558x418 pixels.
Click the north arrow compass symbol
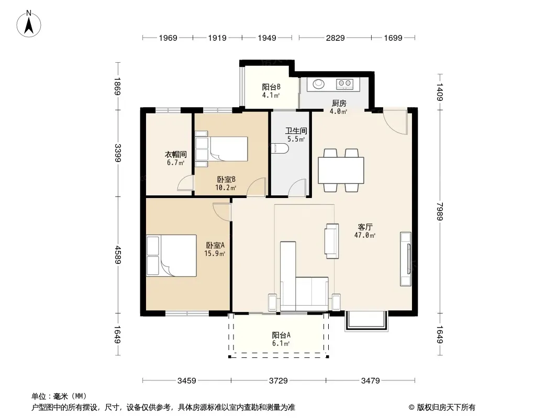pos(29,24)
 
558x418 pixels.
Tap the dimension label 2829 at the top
pos(335,38)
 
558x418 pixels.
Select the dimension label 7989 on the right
pos(440,211)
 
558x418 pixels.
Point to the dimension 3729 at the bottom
pos(278,381)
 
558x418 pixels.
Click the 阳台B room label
pos(271,87)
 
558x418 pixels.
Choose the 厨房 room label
pos(339,103)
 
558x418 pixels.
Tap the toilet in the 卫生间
pos(280,148)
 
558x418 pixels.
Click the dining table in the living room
pos(341,170)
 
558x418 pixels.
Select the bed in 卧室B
pos(221,149)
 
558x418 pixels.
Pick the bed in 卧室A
pos(172,256)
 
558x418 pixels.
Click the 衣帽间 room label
pos(176,155)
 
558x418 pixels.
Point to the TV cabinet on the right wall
pos(406,259)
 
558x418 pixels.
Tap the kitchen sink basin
pos(318,84)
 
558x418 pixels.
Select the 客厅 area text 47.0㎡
pos(365,235)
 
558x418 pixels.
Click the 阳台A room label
pos(281,335)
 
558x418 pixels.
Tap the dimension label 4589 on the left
pos(118,255)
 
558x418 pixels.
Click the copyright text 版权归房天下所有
pos(446,408)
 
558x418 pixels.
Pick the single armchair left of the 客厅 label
pos(332,241)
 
